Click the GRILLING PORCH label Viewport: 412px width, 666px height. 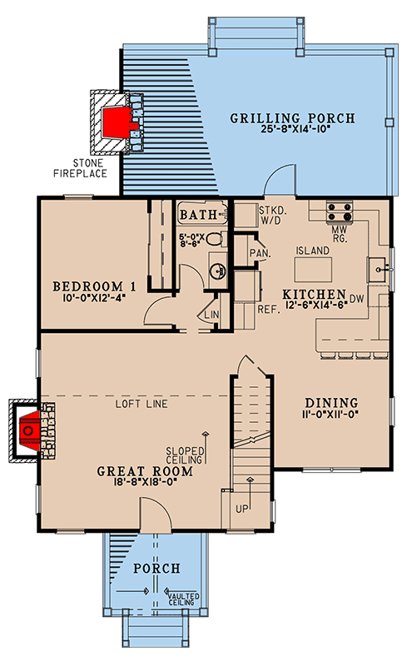pyautogui.click(x=293, y=118)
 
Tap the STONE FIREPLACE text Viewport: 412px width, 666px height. pyautogui.click(x=80, y=168)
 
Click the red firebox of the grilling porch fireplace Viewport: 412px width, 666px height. pyautogui.click(x=115, y=122)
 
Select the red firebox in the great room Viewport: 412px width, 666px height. pyautogui.click(x=30, y=430)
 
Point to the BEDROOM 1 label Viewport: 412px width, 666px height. pyautogui.click(x=94, y=286)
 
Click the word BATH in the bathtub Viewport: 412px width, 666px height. pyautogui.click(x=198, y=215)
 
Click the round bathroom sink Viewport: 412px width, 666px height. pyautogui.click(x=218, y=270)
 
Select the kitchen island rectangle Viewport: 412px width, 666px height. pyautogui.click(x=314, y=269)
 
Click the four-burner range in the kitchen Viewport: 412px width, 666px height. pyautogui.click(x=340, y=211)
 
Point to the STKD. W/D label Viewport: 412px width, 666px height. pyautogui.click(x=271, y=216)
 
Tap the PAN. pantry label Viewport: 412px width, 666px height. pyautogui.click(x=261, y=253)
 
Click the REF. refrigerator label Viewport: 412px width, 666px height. pyautogui.click(x=269, y=309)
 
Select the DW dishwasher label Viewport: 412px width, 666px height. pyautogui.click(x=357, y=299)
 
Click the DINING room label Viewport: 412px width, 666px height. pyautogui.click(x=331, y=403)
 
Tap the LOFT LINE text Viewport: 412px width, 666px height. pyautogui.click(x=141, y=404)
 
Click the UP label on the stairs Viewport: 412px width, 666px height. pyautogui.click(x=241, y=509)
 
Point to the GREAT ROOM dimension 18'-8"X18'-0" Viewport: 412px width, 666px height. pyautogui.click(x=145, y=482)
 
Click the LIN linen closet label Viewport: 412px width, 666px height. pyautogui.click(x=211, y=315)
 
